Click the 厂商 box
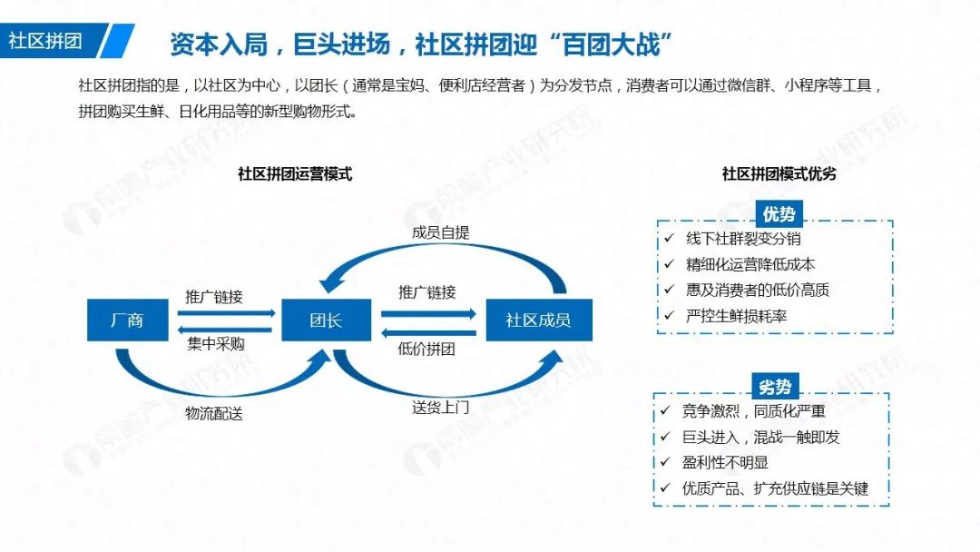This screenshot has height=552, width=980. tap(128, 320)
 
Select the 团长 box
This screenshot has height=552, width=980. tap(327, 320)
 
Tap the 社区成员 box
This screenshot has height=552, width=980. tap(539, 320)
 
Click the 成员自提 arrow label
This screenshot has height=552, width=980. tap(441, 232)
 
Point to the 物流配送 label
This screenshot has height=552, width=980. tap(214, 413)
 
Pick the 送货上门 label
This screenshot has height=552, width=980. tap(441, 408)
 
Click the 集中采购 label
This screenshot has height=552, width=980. tap(216, 344)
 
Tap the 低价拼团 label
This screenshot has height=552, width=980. tap(426, 349)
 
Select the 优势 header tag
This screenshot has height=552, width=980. tap(779, 214)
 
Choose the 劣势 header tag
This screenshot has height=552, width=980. tap(775, 387)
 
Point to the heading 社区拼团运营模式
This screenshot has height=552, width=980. tap(295, 173)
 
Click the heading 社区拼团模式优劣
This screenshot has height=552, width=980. tap(779, 173)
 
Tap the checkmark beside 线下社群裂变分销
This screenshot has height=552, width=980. tap(670, 238)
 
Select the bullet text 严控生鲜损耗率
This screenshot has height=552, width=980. tap(736, 316)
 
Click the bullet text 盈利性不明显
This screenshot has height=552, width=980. tap(725, 463)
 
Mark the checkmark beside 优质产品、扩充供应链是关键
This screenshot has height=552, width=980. tap(665, 488)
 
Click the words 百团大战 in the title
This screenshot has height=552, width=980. tap(611, 45)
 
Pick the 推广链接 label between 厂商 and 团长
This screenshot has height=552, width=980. tap(214, 296)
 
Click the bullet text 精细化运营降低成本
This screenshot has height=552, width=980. tap(750, 264)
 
